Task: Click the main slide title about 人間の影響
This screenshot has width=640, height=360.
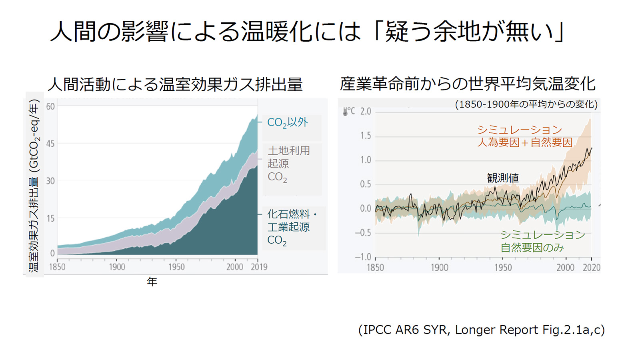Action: coord(307,31)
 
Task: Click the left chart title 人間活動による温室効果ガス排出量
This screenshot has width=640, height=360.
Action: coord(175,84)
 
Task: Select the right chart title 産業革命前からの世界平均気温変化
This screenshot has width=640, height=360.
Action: coord(468,84)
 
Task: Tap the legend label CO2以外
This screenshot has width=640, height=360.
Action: coord(288,122)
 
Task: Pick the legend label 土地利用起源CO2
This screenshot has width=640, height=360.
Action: coord(288,164)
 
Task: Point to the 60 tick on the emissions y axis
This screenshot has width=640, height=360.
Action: coord(50,106)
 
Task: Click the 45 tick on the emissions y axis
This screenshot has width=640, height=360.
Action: coord(50,144)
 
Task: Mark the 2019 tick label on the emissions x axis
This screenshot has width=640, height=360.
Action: coord(259,267)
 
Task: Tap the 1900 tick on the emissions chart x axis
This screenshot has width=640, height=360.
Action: coord(117,267)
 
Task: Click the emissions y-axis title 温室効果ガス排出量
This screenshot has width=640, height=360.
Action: coord(34,186)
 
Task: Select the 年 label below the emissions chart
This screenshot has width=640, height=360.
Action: coord(152,282)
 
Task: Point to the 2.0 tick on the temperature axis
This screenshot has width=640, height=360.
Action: coord(366,111)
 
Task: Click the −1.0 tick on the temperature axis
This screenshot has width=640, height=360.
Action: coord(363,257)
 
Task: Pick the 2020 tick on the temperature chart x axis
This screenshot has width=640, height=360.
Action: coord(591,268)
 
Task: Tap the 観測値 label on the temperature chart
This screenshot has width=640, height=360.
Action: coord(503,178)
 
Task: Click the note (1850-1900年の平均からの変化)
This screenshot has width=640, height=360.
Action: coord(526,104)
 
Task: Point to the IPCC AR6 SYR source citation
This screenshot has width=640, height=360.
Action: coord(482,330)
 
